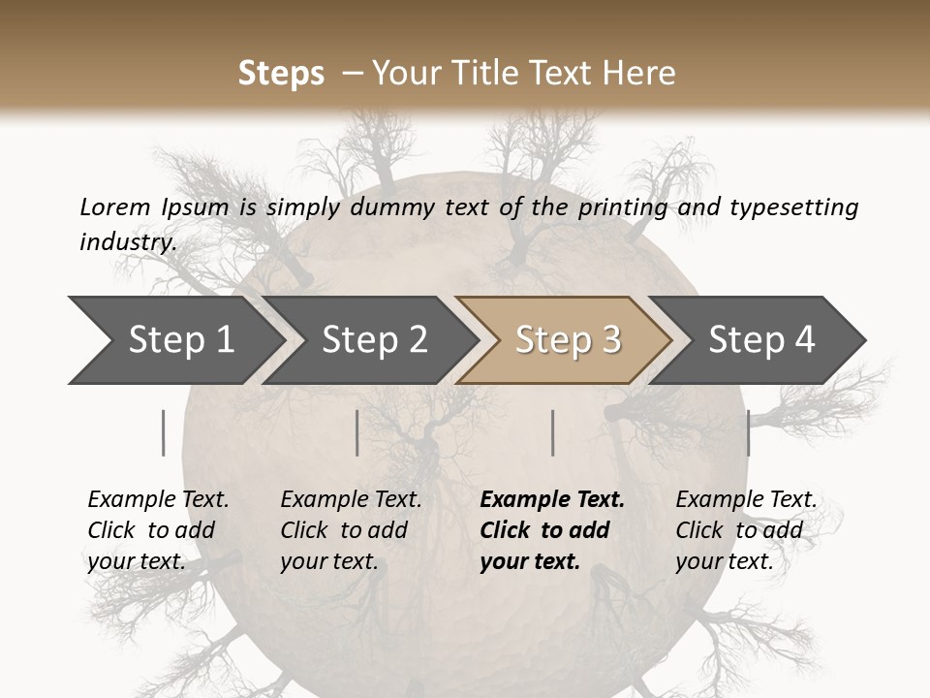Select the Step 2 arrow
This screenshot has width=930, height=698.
[374, 340]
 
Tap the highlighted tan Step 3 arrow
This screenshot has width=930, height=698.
[568, 340]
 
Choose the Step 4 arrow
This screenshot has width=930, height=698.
[761, 340]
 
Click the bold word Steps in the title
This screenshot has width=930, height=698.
[281, 74]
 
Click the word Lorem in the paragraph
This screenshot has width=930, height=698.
[114, 206]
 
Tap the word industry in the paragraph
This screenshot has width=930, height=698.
[127, 241]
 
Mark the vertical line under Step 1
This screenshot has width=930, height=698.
[164, 432]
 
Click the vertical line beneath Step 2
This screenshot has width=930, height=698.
[357, 432]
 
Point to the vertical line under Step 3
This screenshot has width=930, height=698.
[553, 432]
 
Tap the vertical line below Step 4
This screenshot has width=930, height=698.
[748, 432]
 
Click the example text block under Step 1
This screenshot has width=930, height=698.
[158, 530]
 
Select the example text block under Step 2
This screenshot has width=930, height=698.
[351, 530]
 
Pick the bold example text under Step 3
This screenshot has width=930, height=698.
[552, 530]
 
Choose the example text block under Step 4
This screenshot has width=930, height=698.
[746, 530]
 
